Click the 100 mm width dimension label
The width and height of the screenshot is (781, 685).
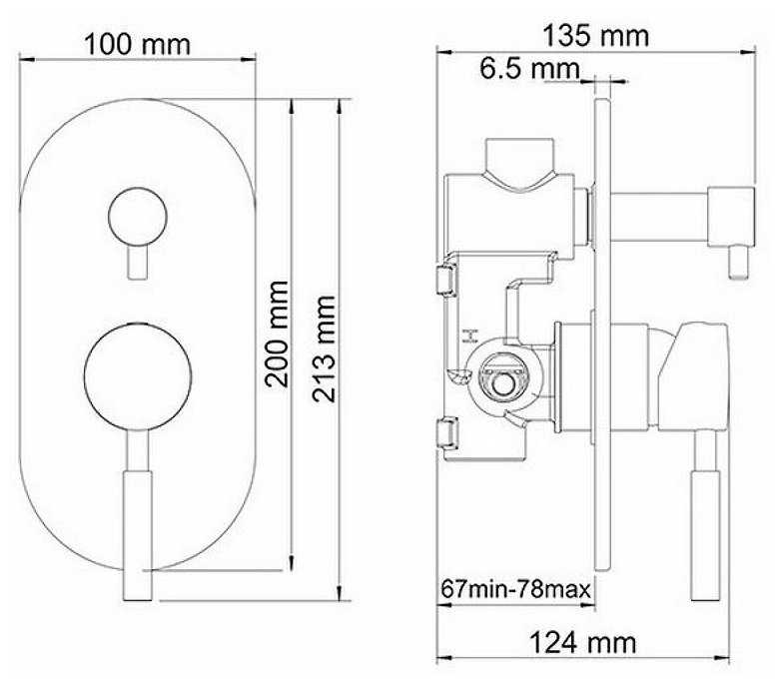point(138,44)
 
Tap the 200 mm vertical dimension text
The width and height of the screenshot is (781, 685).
point(277,335)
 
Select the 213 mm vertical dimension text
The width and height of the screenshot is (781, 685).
point(325,348)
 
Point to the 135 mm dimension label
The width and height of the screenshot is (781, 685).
point(595,36)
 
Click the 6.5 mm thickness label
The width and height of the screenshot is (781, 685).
point(530,69)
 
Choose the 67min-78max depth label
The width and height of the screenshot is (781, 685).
point(515,589)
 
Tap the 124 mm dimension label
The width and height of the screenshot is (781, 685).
point(582,643)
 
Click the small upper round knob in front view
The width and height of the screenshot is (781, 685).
point(138,217)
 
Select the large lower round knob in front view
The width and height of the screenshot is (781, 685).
point(138,375)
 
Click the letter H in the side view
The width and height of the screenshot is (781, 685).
point(469,337)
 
